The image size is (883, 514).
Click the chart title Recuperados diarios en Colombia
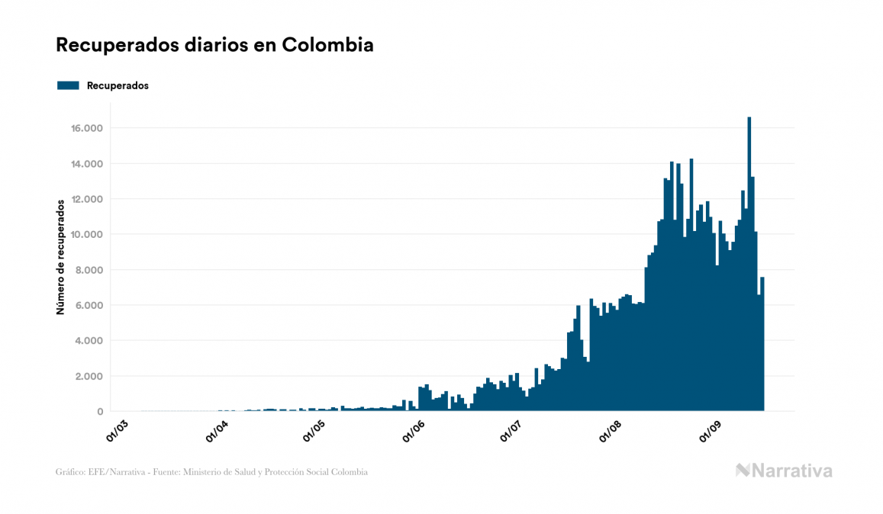coord(214,45)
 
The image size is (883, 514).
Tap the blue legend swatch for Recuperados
coord(68,85)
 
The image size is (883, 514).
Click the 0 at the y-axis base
coord(100,412)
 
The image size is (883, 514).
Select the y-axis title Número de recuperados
coord(60,257)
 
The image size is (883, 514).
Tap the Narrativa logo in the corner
coord(784,471)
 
